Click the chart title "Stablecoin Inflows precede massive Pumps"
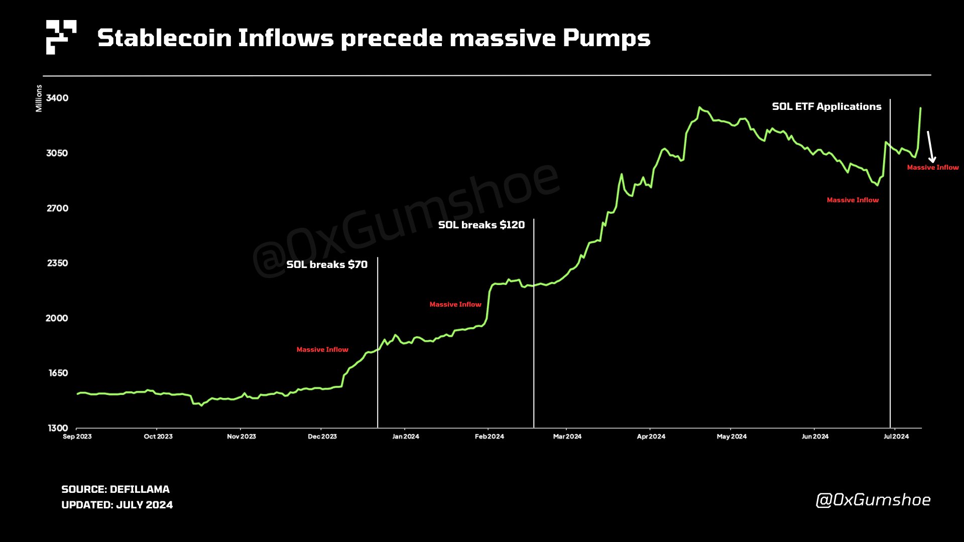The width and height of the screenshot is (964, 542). click(x=374, y=38)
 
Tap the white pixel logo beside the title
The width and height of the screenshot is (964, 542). click(x=61, y=37)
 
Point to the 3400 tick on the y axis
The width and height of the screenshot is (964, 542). click(x=57, y=98)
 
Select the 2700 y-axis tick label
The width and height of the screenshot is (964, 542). click(x=57, y=208)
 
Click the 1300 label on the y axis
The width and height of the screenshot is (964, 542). click(x=58, y=428)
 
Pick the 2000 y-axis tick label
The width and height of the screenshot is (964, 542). click(x=57, y=318)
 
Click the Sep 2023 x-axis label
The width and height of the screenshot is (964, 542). click(x=77, y=437)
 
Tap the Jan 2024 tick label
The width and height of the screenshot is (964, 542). click(x=405, y=437)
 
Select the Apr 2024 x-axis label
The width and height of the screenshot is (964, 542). click(x=651, y=437)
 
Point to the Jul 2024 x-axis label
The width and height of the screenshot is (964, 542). click(x=896, y=437)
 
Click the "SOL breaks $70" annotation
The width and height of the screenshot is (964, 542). click(x=327, y=264)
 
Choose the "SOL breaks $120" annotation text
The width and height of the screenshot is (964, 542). click(x=481, y=225)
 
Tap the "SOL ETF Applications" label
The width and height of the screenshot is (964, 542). click(x=826, y=106)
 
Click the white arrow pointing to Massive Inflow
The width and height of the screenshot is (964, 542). click(x=930, y=147)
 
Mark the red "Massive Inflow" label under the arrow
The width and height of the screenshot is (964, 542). click(x=932, y=168)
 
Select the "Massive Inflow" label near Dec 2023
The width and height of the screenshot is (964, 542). click(x=322, y=350)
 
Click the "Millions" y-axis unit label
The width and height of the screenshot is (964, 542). click(x=39, y=98)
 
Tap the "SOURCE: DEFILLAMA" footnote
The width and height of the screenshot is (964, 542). click(x=115, y=489)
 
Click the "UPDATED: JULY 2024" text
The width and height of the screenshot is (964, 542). click(x=117, y=505)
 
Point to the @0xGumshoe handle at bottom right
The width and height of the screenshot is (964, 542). click(x=873, y=500)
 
